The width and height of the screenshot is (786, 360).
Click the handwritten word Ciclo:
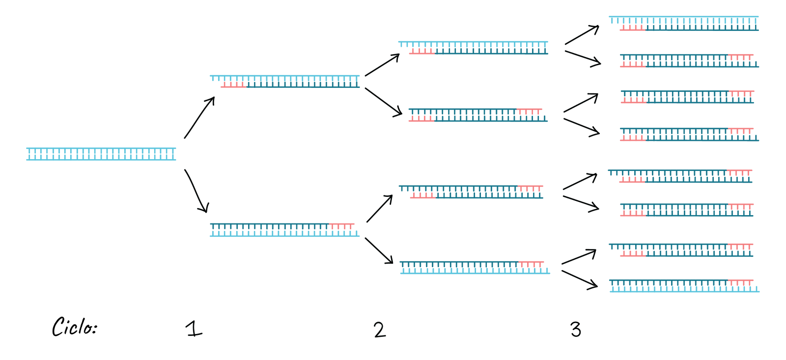[74, 327]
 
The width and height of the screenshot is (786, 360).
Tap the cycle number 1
[194, 329]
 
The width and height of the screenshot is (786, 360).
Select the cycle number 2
[380, 330]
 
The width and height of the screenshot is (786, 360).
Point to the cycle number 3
[575, 330]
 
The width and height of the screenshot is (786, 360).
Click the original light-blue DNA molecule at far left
[101, 154]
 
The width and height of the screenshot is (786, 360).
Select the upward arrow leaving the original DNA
[199, 117]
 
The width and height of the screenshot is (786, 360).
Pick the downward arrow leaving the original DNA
[196, 191]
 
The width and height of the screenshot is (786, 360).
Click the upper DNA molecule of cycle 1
[285, 81]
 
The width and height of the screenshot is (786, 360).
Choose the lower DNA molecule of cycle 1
[285, 230]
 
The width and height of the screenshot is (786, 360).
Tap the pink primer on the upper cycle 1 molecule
[234, 84]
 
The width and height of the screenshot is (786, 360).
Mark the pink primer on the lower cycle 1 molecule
[342, 226]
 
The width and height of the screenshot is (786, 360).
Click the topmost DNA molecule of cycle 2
[473, 48]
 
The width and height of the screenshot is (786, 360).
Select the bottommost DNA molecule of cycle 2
[475, 267]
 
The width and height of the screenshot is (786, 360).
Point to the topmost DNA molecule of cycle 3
[684, 23]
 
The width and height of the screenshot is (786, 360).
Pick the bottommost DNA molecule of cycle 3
[685, 286]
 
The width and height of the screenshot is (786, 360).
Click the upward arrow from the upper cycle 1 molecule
[382, 65]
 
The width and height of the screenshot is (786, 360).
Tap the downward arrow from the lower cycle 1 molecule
[379, 250]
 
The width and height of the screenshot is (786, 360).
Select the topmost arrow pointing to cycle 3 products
[582, 35]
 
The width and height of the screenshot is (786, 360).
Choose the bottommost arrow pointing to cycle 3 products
[580, 280]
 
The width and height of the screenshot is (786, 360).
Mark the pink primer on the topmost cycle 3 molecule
[633, 28]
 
